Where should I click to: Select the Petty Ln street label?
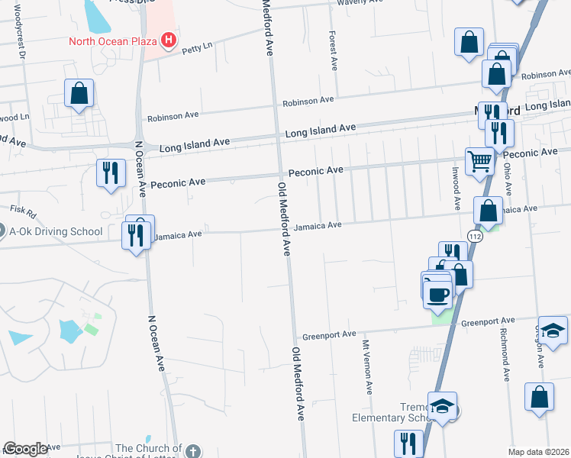pyautogui.click(x=195, y=50)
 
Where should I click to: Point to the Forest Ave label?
pyautogui.click(x=333, y=51)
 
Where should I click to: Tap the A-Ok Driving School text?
pyautogui.click(x=56, y=231)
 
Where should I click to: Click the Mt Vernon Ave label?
pyautogui.click(x=368, y=366)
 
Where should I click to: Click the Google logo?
pyautogui.click(x=25, y=449)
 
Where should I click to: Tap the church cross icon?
pyautogui.click(x=194, y=450)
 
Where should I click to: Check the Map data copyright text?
pyautogui.click(x=538, y=452)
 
